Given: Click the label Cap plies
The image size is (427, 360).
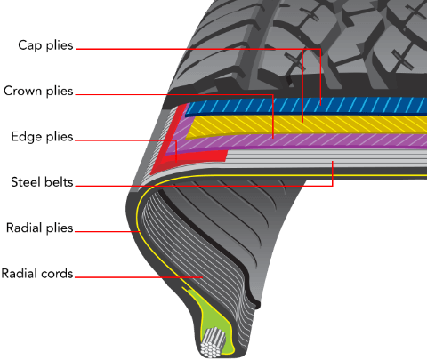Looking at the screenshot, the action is pos(45,45).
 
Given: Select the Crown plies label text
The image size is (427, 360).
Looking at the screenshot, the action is pos(38,91).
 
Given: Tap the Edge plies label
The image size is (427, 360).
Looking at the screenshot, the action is pos(42,137).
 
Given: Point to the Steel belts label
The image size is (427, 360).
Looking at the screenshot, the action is pos(42,182).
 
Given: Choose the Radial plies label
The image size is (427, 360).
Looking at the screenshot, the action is pos(40,228).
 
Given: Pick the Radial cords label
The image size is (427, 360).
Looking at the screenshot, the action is pos(37,274).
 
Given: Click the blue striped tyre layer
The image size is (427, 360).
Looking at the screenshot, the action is pos(305,106).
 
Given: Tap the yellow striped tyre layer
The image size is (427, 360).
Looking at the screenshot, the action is pos(305,124).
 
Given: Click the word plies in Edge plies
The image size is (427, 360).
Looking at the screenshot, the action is pos(60,137).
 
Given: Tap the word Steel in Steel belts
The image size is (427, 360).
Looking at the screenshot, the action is pos(25,182).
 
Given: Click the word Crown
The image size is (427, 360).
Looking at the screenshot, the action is pos(22,91).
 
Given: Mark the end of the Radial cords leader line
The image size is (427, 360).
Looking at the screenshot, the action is pos(203,277).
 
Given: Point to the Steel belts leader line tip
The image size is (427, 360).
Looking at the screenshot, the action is pos(333,161).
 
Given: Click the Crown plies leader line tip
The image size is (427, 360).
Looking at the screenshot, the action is pos(273,138).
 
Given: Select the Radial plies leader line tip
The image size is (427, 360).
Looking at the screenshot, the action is pos(140,231).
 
